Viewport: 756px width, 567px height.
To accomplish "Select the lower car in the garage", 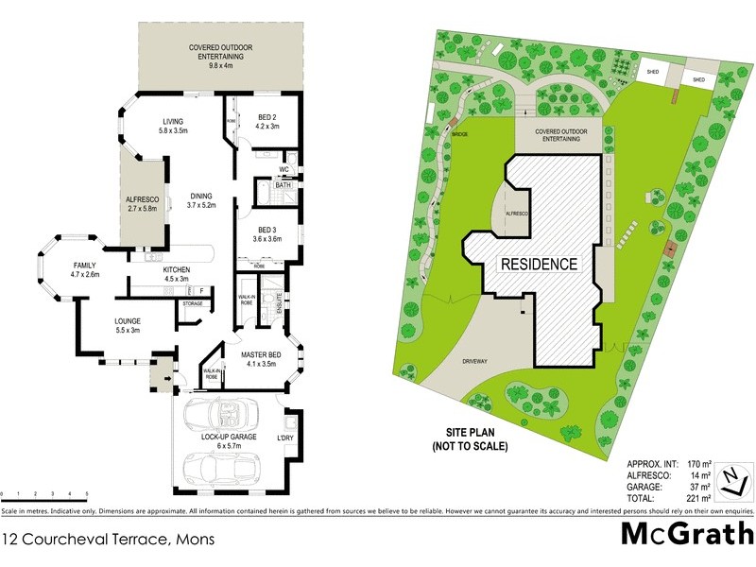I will pyautogui.click(x=225, y=467).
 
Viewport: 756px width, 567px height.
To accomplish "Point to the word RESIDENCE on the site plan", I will pyautogui.click(x=538, y=264).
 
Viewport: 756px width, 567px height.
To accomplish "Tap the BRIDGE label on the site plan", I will pyautogui.click(x=461, y=134).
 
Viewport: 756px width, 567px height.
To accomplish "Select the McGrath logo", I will pyautogui.click(x=686, y=534).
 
